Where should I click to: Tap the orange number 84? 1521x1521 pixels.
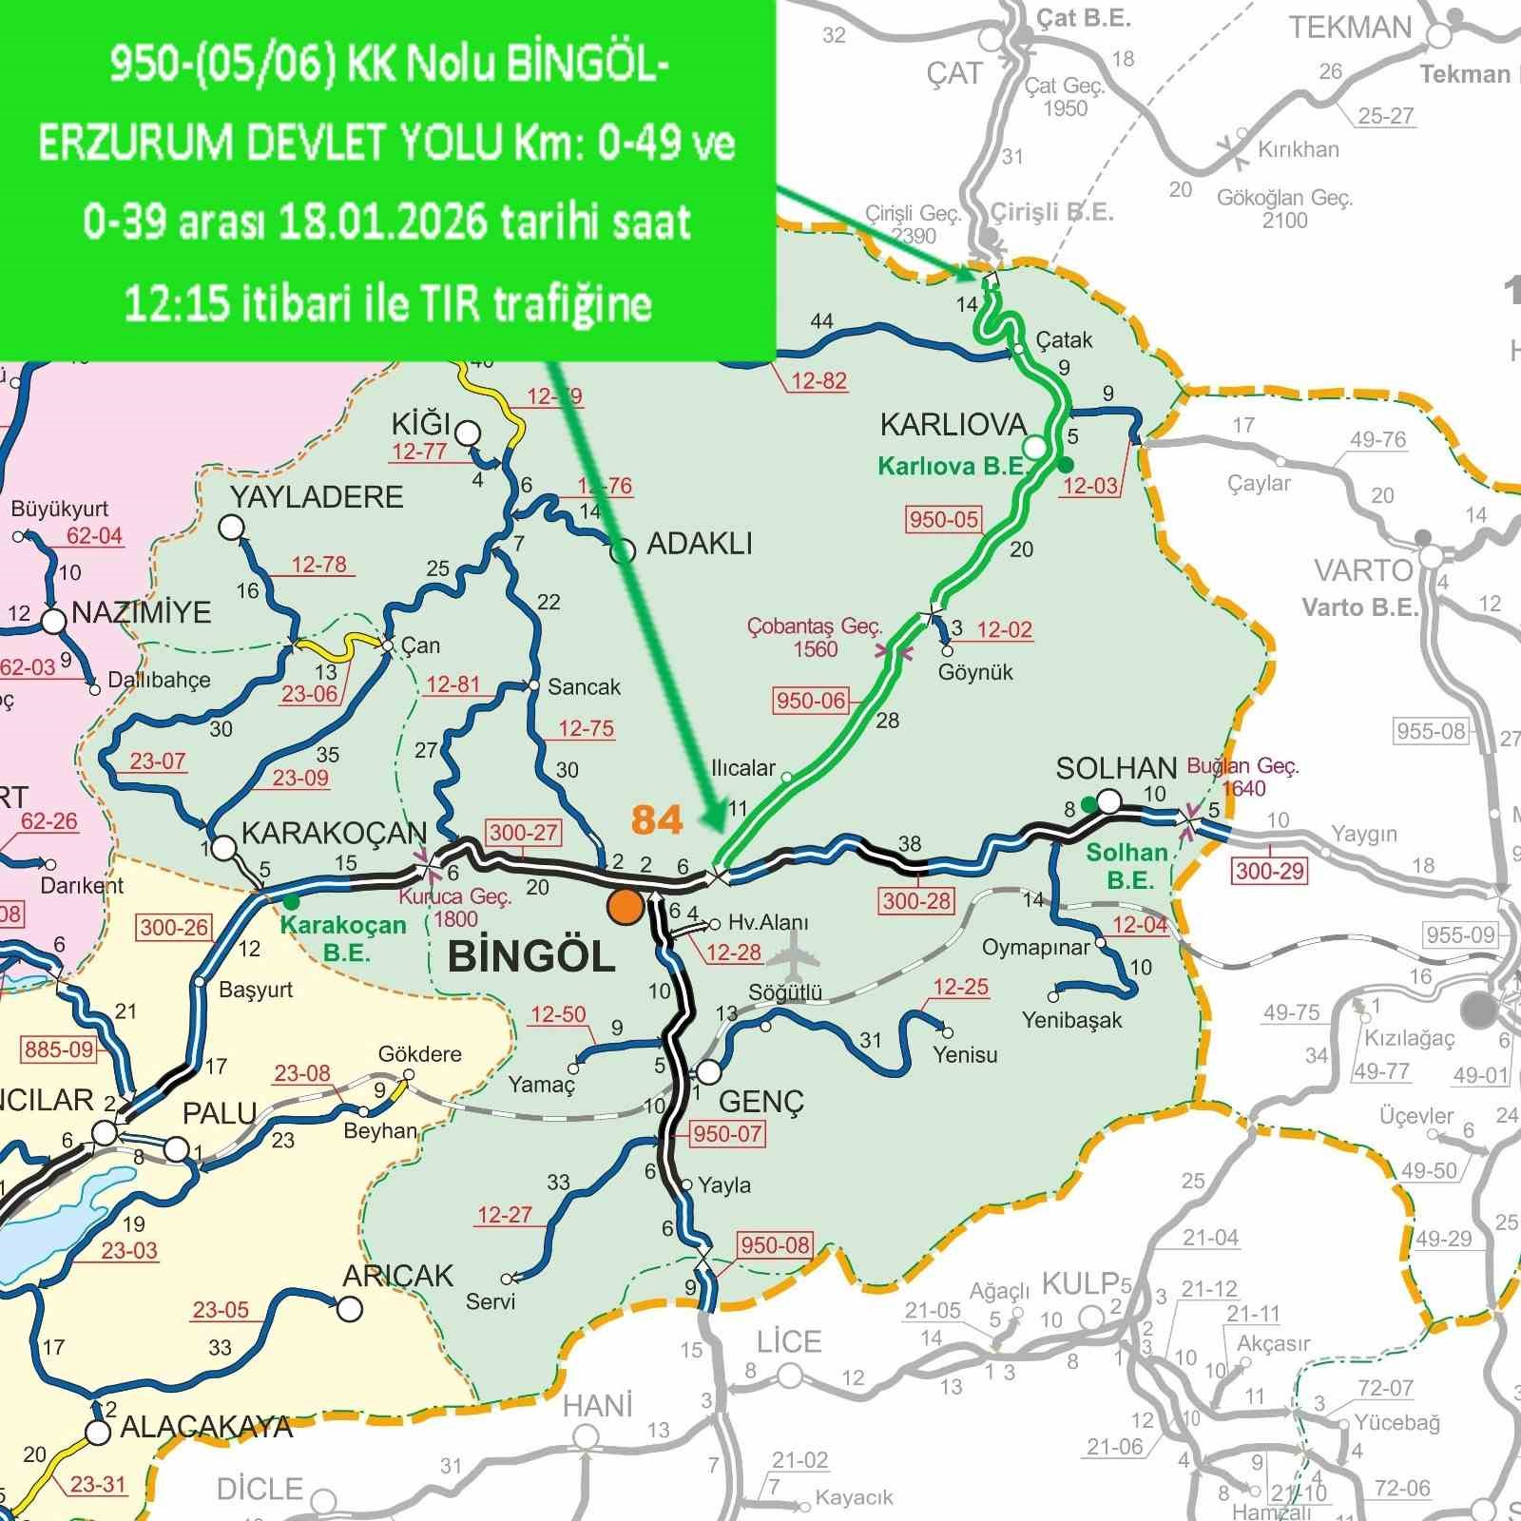[657, 819]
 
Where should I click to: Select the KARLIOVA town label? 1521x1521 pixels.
[953, 425]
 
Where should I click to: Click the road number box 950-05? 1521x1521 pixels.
[943, 519]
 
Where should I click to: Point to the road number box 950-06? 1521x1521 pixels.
[810, 702]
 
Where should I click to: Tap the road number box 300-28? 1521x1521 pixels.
[915, 900]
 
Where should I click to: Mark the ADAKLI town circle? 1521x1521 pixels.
[623, 550]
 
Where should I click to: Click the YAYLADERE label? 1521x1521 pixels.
[317, 496]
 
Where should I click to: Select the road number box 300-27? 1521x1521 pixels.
[523, 833]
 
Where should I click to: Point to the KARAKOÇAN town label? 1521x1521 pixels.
[334, 833]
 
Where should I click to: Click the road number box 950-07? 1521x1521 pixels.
[727, 1133]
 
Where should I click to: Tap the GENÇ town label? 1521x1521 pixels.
[761, 1102]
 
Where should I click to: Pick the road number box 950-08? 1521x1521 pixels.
[775, 1245]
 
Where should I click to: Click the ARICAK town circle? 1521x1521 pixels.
[351, 1309]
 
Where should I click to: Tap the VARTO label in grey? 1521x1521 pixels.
[1363, 570]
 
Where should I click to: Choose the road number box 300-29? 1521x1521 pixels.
[1270, 870]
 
